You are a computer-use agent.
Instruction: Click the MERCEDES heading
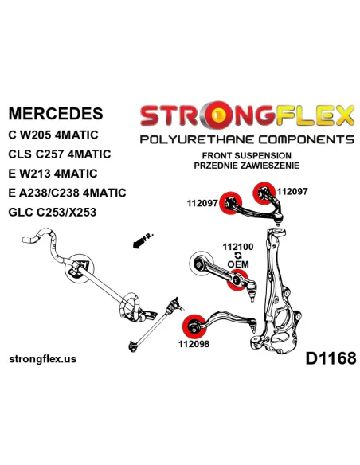tap(56, 114)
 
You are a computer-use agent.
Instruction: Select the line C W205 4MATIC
tap(53, 135)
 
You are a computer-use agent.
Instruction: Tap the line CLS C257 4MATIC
tap(60, 154)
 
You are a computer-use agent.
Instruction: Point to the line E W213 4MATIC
tap(53, 174)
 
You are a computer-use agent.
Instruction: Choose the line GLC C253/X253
tap(53, 212)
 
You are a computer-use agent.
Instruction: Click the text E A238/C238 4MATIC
tap(68, 193)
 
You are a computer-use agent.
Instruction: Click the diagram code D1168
tap(331, 358)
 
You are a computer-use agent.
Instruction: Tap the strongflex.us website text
tap(43, 359)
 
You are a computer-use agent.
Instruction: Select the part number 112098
tap(194, 344)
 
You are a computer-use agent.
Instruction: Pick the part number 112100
tap(238, 247)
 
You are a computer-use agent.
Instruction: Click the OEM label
tap(238, 264)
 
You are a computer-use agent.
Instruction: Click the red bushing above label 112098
tap(192, 326)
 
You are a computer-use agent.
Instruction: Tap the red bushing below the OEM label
tap(237, 280)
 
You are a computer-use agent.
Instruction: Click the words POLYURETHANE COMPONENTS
tap(247, 139)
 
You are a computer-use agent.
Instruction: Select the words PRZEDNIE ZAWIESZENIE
tap(247, 166)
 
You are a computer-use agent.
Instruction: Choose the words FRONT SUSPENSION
tap(247, 156)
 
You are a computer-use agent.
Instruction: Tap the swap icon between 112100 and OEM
tap(238, 256)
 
